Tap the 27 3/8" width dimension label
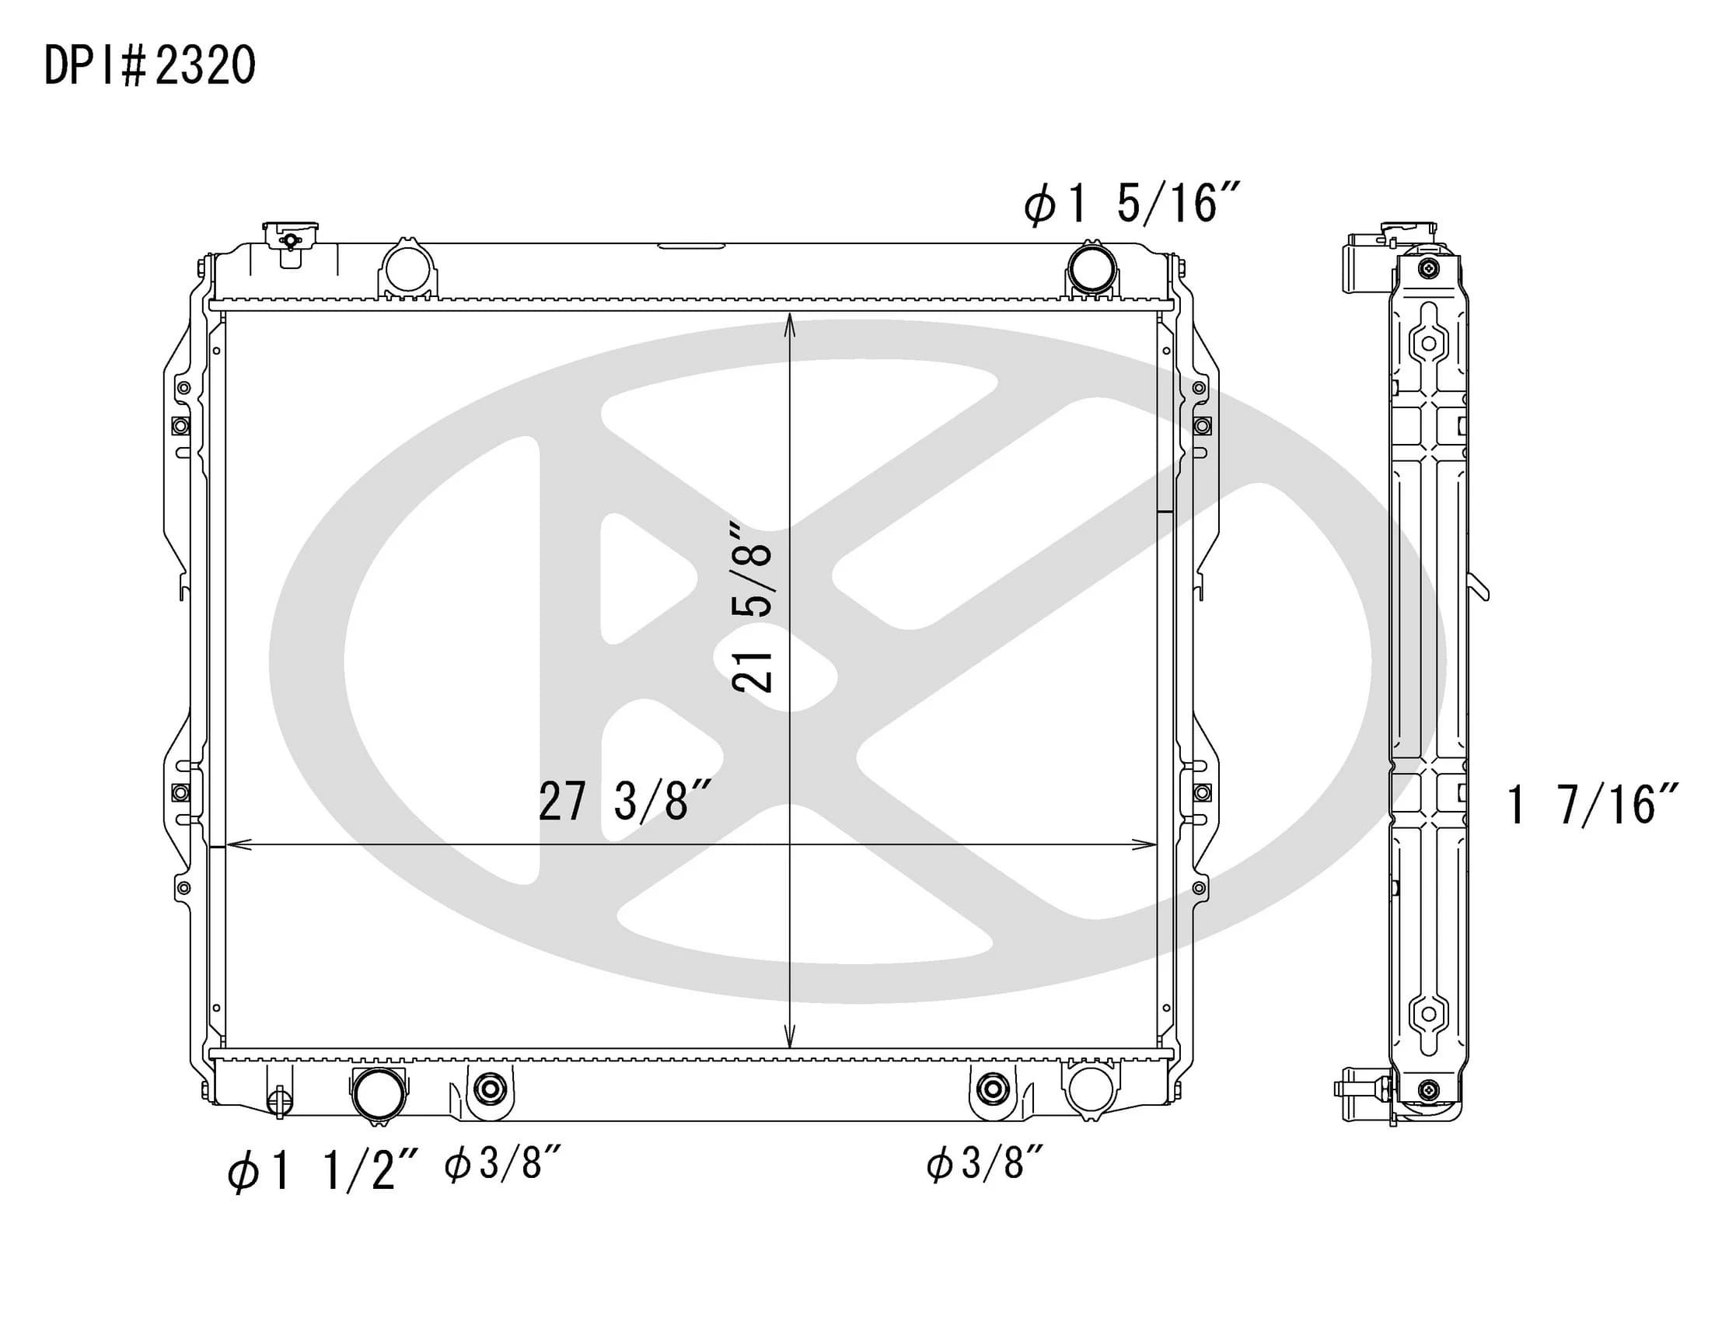coord(625,801)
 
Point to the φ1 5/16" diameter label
coord(1131,204)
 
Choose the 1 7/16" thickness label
coord(1591,804)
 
